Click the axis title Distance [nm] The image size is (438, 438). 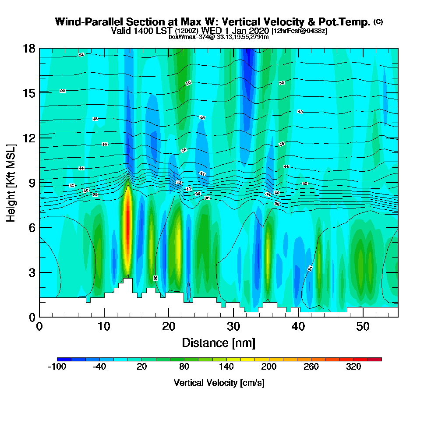(219, 343)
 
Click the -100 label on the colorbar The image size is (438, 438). (57, 367)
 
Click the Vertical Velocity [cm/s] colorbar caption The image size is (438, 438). (219, 383)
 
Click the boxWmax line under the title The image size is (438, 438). (219, 37)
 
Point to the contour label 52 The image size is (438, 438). (81, 55)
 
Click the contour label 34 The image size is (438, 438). (311, 268)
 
